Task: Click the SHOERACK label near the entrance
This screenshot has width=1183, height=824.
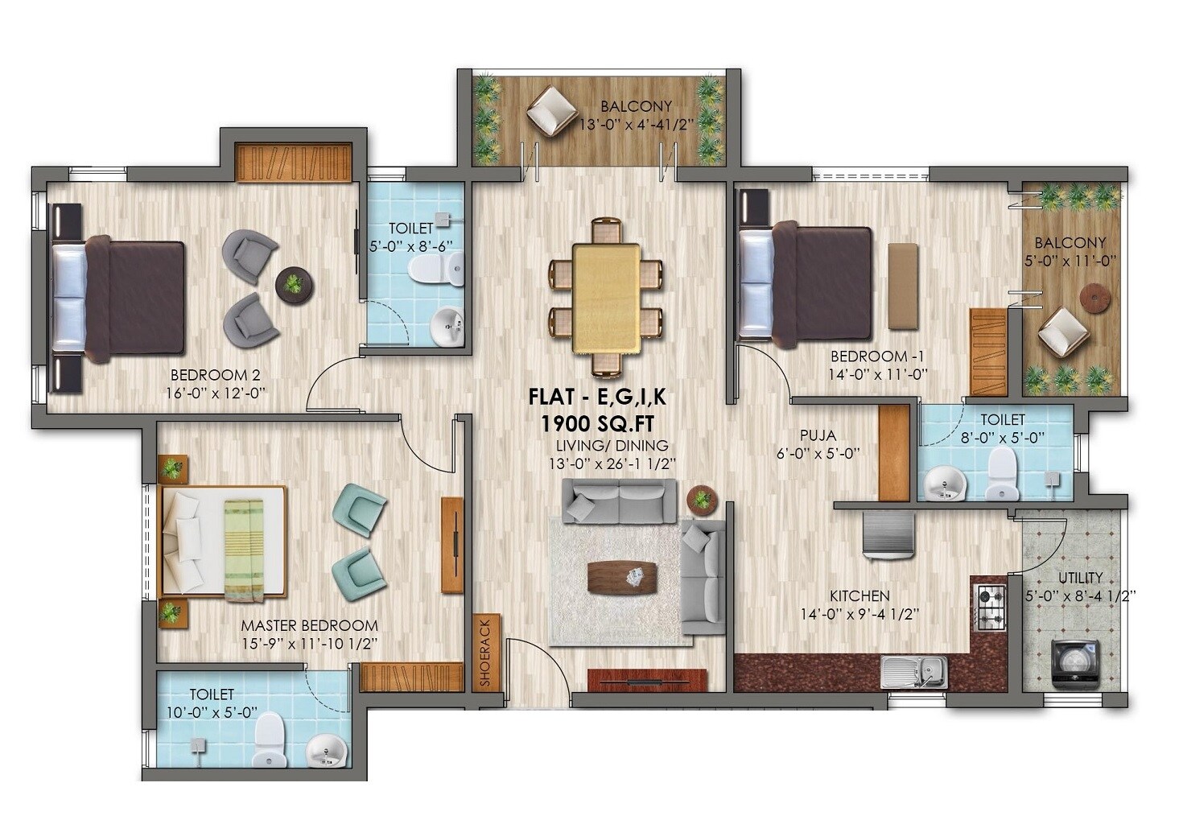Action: click(x=486, y=653)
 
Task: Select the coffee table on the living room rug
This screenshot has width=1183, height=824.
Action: click(x=622, y=577)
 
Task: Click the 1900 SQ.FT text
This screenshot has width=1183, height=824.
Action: click(x=597, y=422)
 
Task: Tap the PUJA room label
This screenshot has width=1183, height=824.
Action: click(x=818, y=436)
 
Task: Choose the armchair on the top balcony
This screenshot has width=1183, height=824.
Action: click(x=551, y=110)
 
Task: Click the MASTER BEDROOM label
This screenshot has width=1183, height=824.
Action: click(x=309, y=625)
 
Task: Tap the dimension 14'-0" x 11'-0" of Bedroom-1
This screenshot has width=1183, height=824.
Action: click(x=878, y=373)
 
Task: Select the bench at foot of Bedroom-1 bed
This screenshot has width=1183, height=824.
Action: click(x=903, y=286)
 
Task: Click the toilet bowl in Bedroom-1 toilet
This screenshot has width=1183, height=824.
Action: click(x=1002, y=473)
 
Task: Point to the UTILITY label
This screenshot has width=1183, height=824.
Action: click(x=1080, y=578)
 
